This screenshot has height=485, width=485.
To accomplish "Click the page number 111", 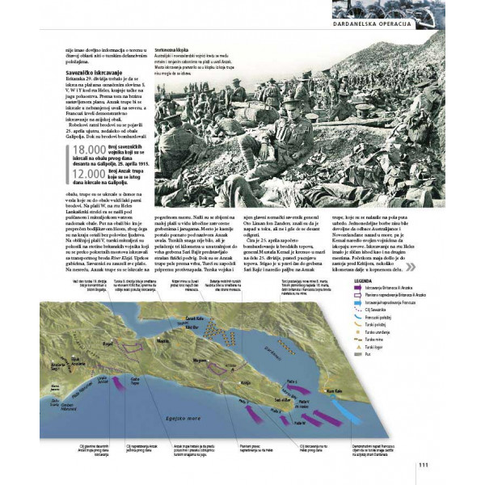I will coord(422,463).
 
